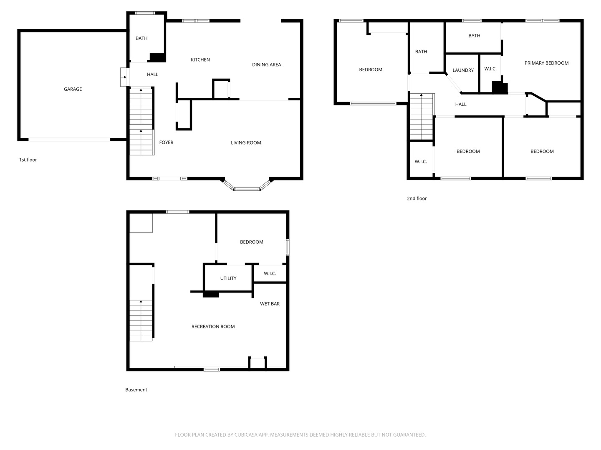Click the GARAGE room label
73,89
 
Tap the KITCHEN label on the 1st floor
200,60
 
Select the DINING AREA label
266,65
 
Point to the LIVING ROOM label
246,143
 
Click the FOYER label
166,142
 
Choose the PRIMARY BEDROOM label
546,63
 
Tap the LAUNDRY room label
463,70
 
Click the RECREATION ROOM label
213,327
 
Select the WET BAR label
270,304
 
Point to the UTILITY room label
228,278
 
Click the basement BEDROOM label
251,242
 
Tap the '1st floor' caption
28,160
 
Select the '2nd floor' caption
417,199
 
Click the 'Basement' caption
136,390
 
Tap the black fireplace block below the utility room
211,295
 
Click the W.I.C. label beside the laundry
490,69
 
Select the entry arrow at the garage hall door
125,77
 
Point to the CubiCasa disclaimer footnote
300,435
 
